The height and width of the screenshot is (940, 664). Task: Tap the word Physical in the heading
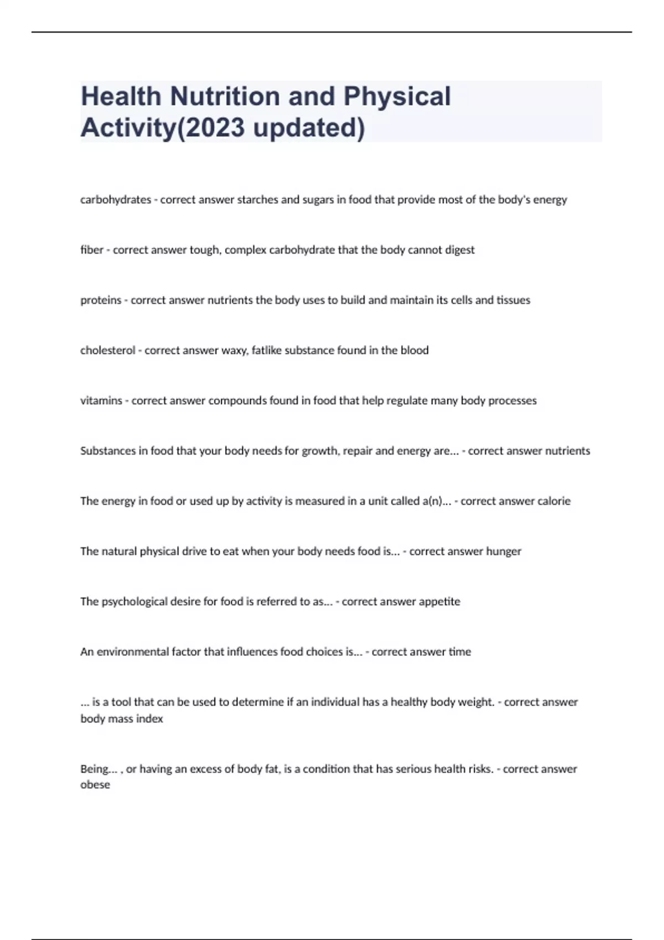397,96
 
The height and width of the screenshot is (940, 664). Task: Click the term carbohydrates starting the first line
116,200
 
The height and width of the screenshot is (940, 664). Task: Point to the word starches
257,200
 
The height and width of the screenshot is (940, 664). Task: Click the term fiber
92,250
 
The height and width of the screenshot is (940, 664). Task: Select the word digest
459,250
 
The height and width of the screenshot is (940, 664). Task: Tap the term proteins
101,300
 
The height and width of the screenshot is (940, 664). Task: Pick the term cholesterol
108,351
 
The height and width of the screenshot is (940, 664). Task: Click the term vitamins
101,401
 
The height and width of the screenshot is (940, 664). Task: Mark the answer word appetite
439,602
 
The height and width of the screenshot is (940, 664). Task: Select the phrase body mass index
122,719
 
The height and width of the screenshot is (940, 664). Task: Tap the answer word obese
95,785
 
